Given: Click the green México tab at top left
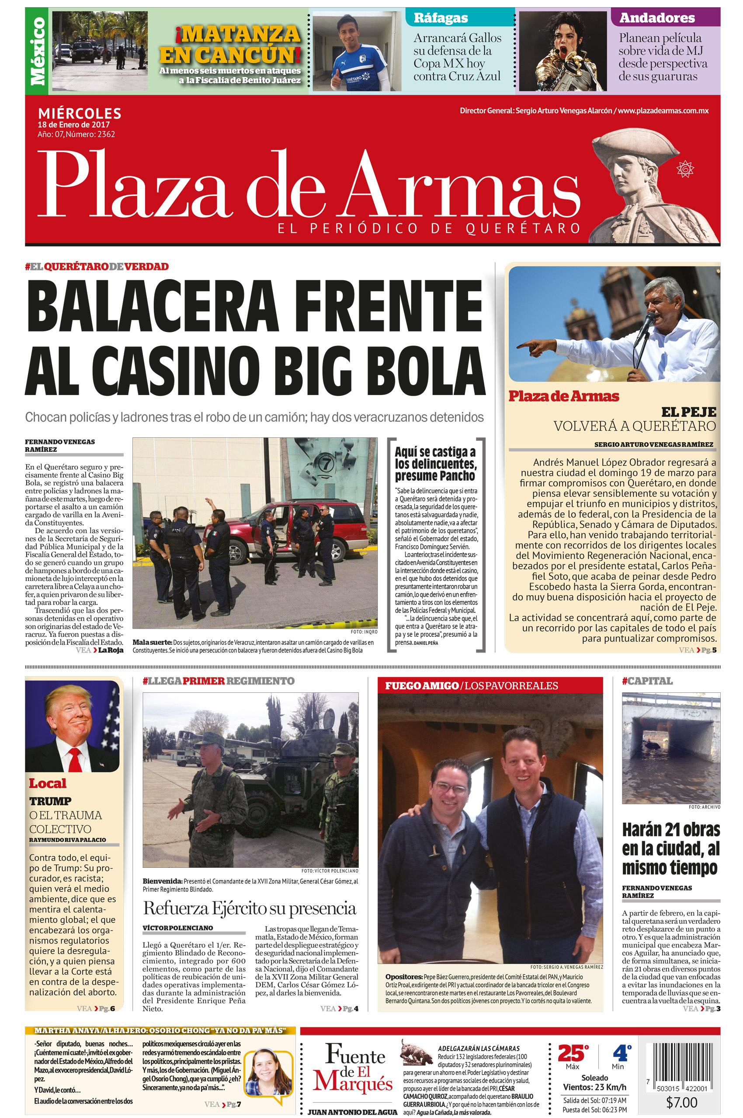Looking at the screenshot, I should [x=38, y=51].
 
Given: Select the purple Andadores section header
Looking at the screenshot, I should [x=657, y=18].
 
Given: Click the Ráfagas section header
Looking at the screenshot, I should [x=441, y=18].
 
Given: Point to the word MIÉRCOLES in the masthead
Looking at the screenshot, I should [x=80, y=113].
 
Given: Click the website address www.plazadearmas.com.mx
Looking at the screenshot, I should [x=663, y=111].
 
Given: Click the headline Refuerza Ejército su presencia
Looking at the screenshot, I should [x=249, y=908].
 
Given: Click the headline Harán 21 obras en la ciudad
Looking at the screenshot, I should [x=670, y=849].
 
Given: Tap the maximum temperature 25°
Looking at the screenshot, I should [x=573, y=1054].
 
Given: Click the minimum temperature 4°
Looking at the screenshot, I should [x=620, y=1054].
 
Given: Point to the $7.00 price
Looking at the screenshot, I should [x=681, y=1102].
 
